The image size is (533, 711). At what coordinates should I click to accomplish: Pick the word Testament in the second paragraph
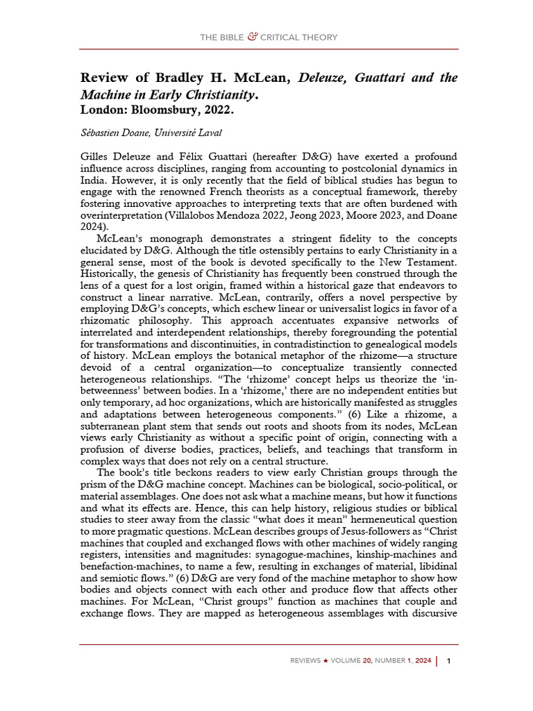click(429, 263)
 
